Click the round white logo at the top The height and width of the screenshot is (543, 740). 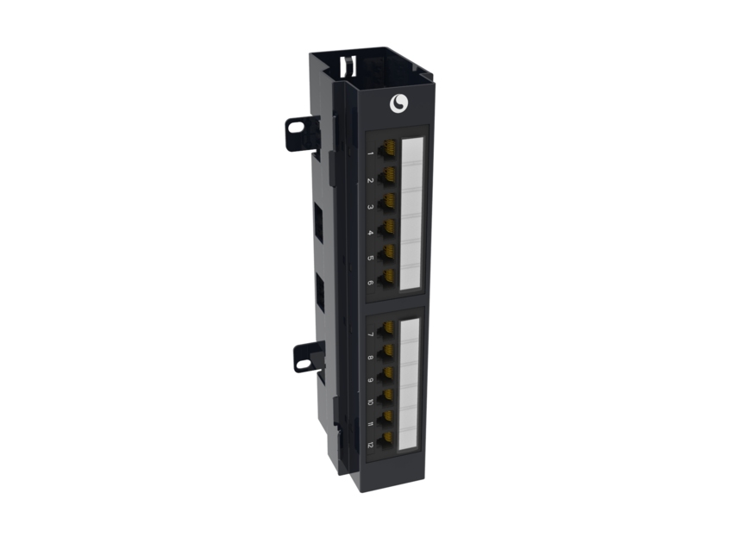click(x=399, y=103)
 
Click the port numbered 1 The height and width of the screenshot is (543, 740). click(x=388, y=149)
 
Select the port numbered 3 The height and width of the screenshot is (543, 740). click(x=388, y=202)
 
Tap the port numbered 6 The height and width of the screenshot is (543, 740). click(x=388, y=278)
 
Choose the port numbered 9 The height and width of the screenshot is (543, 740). click(x=387, y=372)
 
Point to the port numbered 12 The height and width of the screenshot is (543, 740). click(x=387, y=439)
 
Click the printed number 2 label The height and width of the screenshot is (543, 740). click(x=371, y=181)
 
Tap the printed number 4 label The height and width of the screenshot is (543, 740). click(x=371, y=233)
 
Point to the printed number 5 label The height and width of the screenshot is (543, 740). click(x=371, y=258)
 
